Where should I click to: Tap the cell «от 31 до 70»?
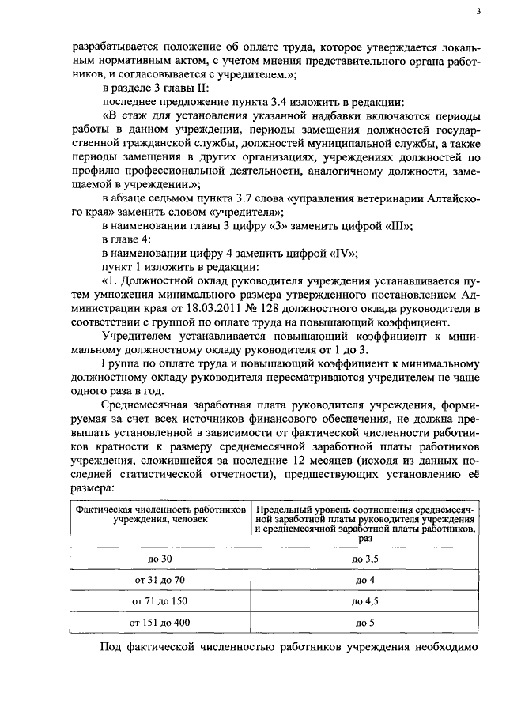coord(159,579)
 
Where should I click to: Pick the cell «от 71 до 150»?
coord(159,600)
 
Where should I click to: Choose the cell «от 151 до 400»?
coord(159,623)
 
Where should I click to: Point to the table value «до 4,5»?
coord(364,600)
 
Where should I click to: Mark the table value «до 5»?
coord(364,623)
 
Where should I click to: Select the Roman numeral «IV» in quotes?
coord(342,253)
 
